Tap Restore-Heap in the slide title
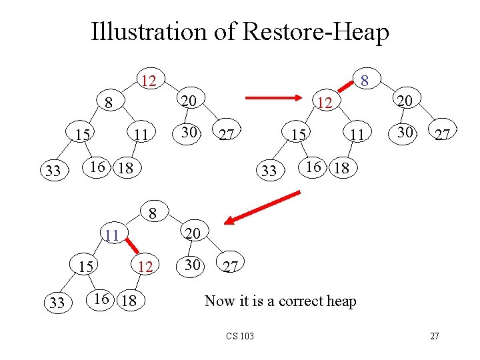(311, 31)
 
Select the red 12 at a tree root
(149, 81)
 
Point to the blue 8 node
(364, 81)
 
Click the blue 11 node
(111, 235)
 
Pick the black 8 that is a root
(153, 215)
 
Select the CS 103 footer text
(241, 335)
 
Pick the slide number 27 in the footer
(434, 336)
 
